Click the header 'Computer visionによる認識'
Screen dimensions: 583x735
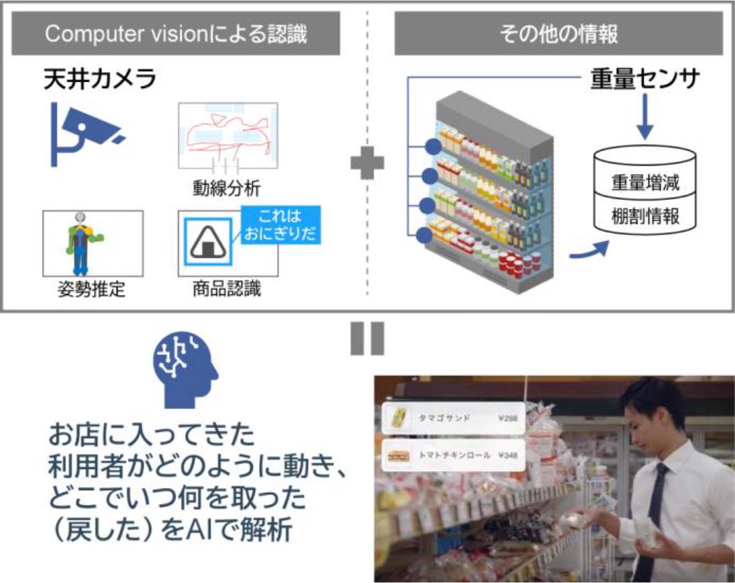(x=175, y=34)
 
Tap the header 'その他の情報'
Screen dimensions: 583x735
(x=558, y=34)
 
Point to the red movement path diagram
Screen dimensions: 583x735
(x=228, y=135)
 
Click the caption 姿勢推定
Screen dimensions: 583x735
(x=92, y=289)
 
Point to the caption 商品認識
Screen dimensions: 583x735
(x=227, y=289)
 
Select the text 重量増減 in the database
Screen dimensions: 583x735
(x=645, y=185)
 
